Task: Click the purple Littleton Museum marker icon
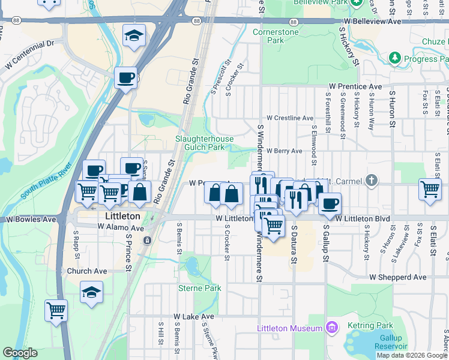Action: [x=330, y=327]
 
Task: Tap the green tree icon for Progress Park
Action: [x=395, y=58]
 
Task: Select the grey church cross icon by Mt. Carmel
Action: [x=372, y=179]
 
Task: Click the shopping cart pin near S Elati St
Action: [x=430, y=189]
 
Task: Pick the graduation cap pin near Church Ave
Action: [x=91, y=292]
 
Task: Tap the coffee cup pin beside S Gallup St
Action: [x=329, y=203]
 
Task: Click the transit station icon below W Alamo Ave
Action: [x=147, y=241]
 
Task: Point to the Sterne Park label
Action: [x=200, y=288]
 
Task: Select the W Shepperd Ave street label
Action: [x=397, y=277]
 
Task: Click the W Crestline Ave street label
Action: [x=290, y=118]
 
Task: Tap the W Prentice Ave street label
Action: [x=355, y=86]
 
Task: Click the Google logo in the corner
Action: [x=20, y=353]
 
